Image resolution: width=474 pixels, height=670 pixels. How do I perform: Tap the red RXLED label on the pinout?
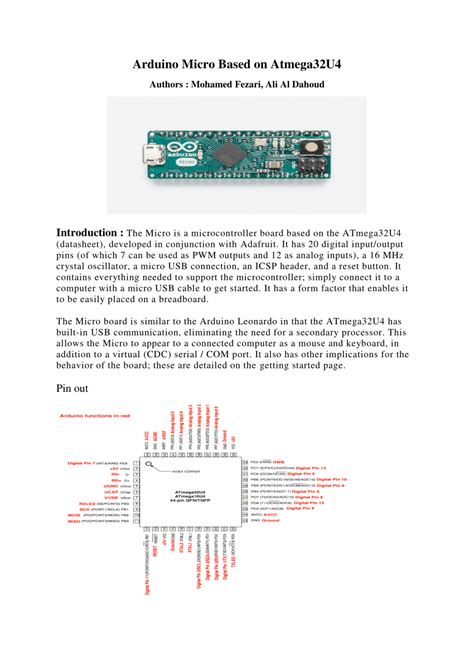pyautogui.click(x=76, y=504)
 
